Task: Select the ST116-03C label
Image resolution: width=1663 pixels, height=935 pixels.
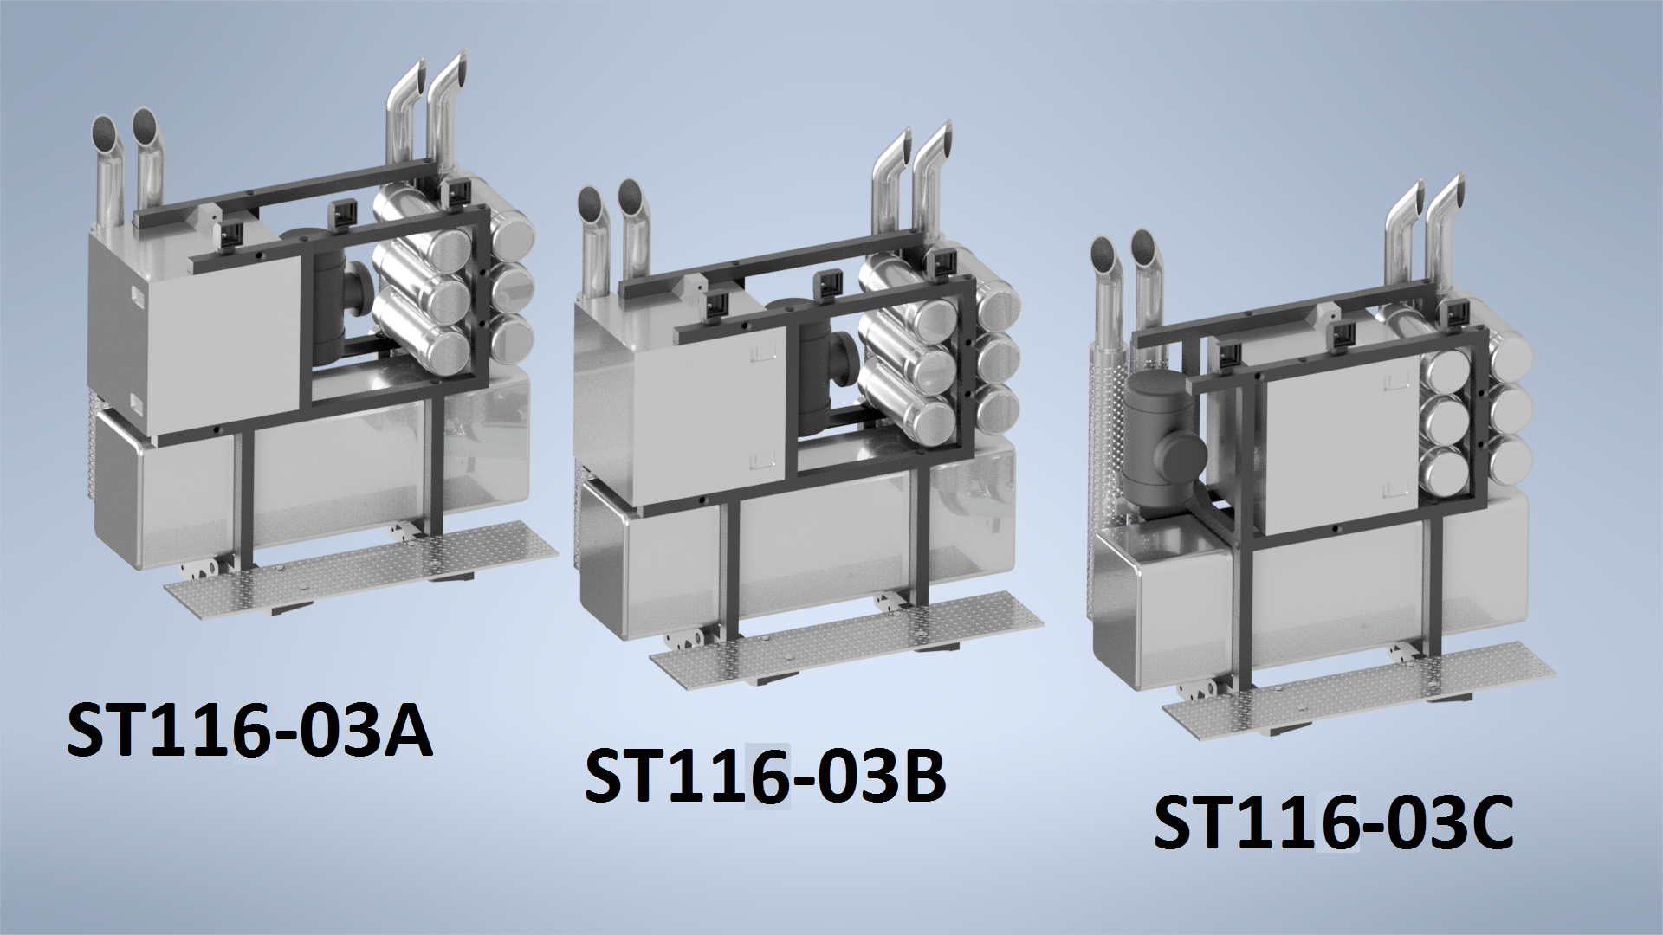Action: tap(1334, 822)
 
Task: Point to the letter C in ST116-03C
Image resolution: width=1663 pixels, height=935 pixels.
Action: tap(1488, 822)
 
